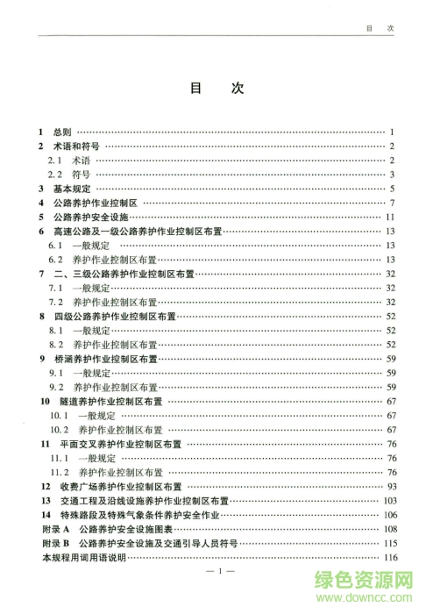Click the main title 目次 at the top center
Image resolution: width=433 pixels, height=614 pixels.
pyautogui.click(x=216, y=89)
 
